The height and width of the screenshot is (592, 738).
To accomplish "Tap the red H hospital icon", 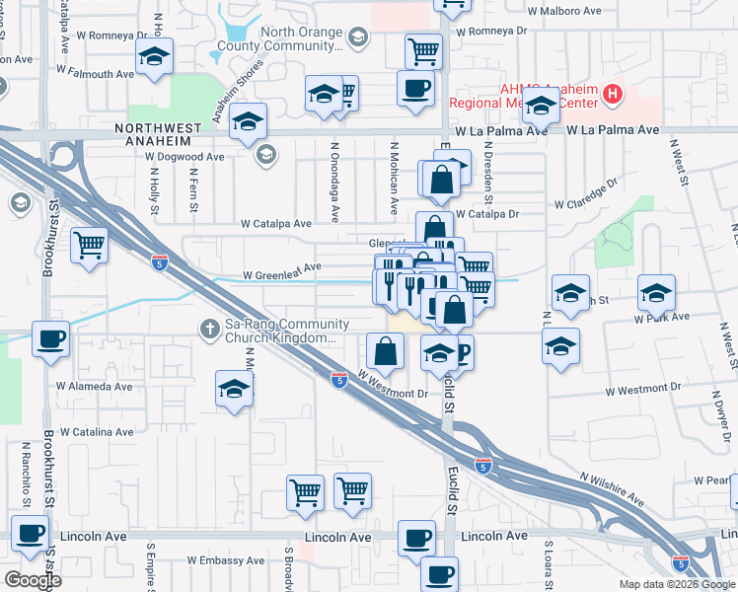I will point(614,95).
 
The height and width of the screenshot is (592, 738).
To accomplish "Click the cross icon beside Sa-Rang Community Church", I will point(208,327).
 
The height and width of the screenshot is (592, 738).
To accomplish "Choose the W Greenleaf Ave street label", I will point(282,267).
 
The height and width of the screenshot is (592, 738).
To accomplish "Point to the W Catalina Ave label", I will point(96,431).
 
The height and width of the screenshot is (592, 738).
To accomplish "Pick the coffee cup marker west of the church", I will point(50,338).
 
